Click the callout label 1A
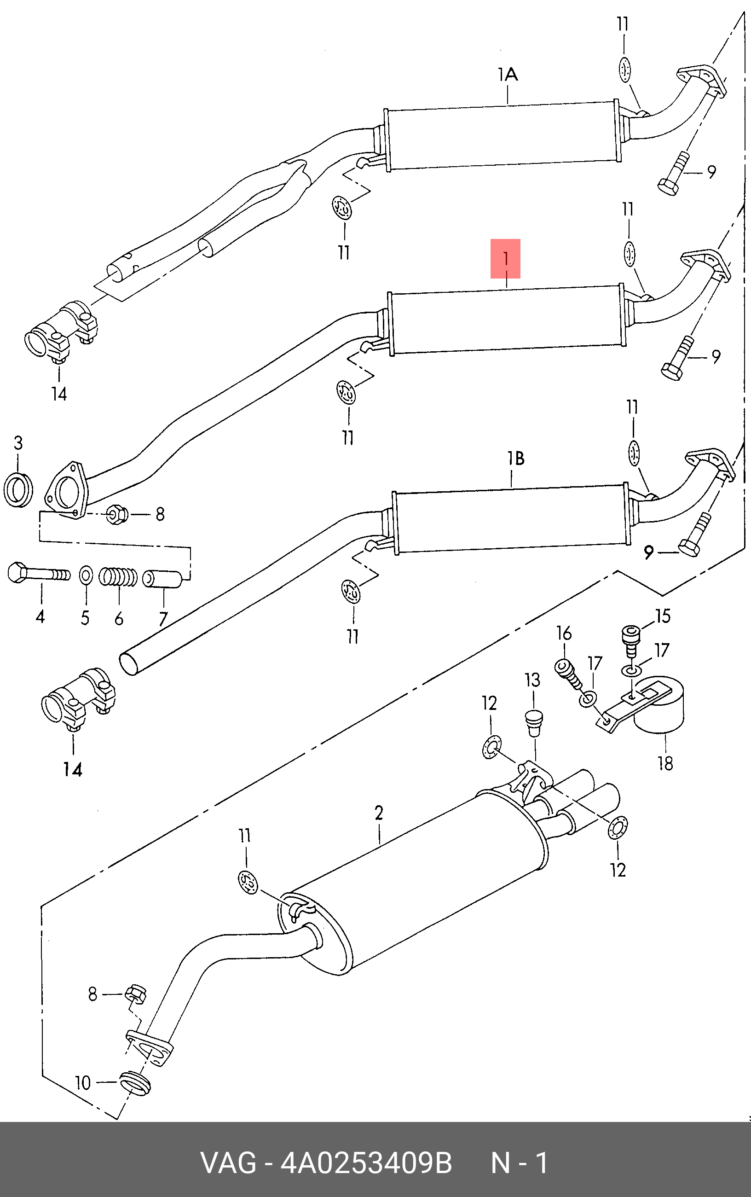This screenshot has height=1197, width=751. coord(508,75)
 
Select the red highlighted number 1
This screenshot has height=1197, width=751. coord(506,259)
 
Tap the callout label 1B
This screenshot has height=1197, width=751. coord(515,459)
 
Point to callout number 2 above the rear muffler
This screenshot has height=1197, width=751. coord(379,813)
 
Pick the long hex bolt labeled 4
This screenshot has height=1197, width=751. coord(39,574)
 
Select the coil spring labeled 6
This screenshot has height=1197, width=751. coord(118,577)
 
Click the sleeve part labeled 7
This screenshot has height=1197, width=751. coord(162,578)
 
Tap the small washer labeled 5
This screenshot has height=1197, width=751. coord(86,575)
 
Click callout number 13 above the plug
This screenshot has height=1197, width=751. coord(532,680)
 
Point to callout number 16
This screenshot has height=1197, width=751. coord(564,633)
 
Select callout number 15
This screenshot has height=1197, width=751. coord(663,616)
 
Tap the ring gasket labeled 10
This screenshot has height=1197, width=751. coord(134,1083)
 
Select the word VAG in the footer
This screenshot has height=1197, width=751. coord(229,1163)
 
